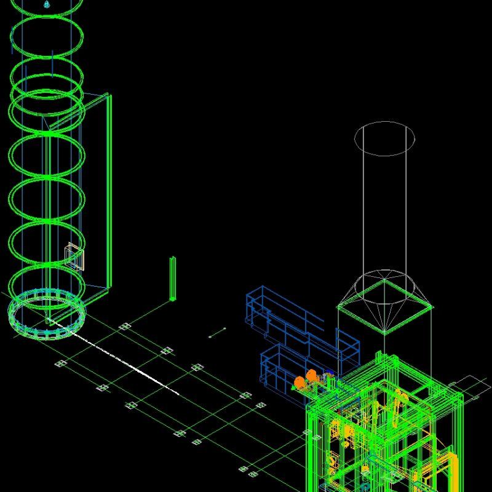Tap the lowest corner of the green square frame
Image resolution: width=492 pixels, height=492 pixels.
[x=385, y=333]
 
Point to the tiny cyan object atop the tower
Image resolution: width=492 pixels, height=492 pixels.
[x=47, y=4]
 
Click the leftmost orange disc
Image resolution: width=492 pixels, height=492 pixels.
[x=300, y=383]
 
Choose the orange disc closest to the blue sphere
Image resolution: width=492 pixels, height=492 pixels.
[x=312, y=376]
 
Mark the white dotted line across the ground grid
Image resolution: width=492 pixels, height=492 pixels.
[x=123, y=359]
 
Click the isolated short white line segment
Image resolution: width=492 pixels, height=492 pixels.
[x=217, y=333]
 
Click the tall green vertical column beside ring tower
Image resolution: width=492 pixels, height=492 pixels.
[x=109, y=191]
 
